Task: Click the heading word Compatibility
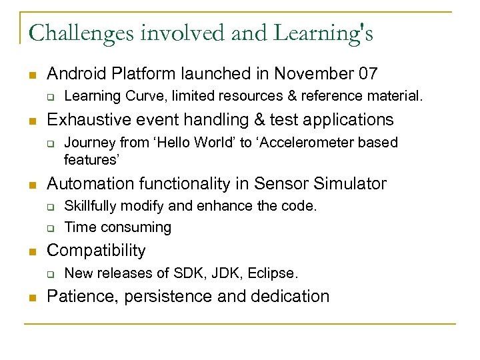coord(96,251)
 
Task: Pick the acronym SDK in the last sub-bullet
coord(181,273)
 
